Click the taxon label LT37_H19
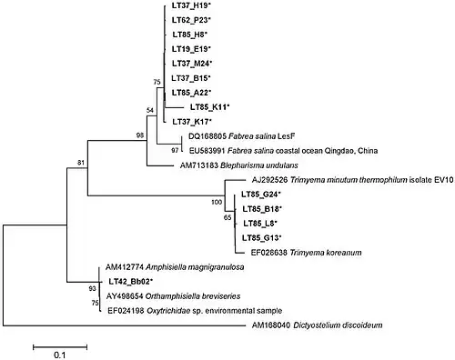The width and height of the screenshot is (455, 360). (191, 5)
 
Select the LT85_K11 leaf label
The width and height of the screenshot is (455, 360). (210, 107)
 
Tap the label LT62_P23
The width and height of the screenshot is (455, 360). (191, 20)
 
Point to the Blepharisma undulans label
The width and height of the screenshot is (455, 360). (239, 165)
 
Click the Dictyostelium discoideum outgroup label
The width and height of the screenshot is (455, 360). (317, 325)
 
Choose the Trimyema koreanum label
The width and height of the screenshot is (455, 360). (306, 253)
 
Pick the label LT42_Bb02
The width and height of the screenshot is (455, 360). (130, 282)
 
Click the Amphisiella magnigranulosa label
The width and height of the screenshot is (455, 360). (175, 267)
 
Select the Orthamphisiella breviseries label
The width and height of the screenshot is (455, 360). (173, 296)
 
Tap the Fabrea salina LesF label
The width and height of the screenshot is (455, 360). (241, 136)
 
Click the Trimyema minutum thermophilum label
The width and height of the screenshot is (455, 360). (352, 180)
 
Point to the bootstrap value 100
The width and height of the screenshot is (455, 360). (217, 202)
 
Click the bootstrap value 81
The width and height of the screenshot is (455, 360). (81, 163)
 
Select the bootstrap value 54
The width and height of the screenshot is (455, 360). (150, 110)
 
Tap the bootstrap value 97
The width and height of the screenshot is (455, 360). (175, 150)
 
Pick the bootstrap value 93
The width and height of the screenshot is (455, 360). (93, 289)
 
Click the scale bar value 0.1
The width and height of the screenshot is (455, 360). (60, 355)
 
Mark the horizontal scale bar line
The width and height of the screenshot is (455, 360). (60, 347)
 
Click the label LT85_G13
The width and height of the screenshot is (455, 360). (261, 238)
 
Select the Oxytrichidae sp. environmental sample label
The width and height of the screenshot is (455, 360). (195, 311)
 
